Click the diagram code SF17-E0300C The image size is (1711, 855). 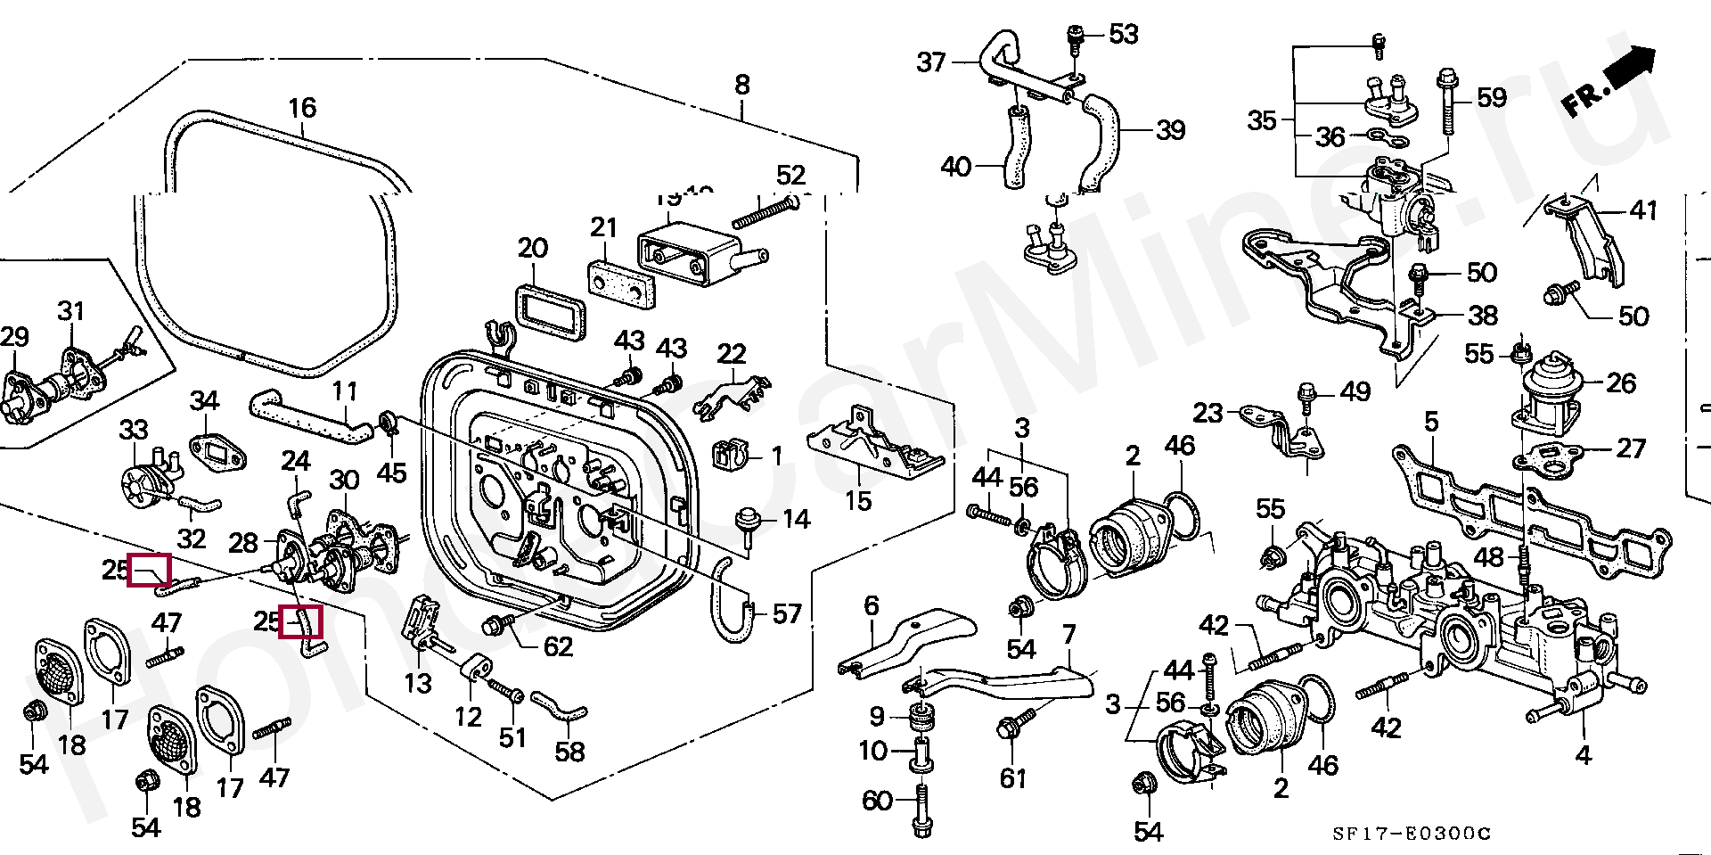pos(1411,834)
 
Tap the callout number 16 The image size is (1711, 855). pos(302,108)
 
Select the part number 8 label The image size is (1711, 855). pos(742,85)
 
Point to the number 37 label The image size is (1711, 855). pos(930,62)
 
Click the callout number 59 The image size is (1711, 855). pos(1492,97)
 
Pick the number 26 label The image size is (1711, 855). pos(1621,383)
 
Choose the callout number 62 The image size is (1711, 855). pos(558,646)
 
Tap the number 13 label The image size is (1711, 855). pos(418,683)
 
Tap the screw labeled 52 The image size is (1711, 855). pos(765,211)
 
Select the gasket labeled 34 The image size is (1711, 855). pos(217,452)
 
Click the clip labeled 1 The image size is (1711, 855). pos(730,455)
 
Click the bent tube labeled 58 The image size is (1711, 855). pos(560,705)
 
